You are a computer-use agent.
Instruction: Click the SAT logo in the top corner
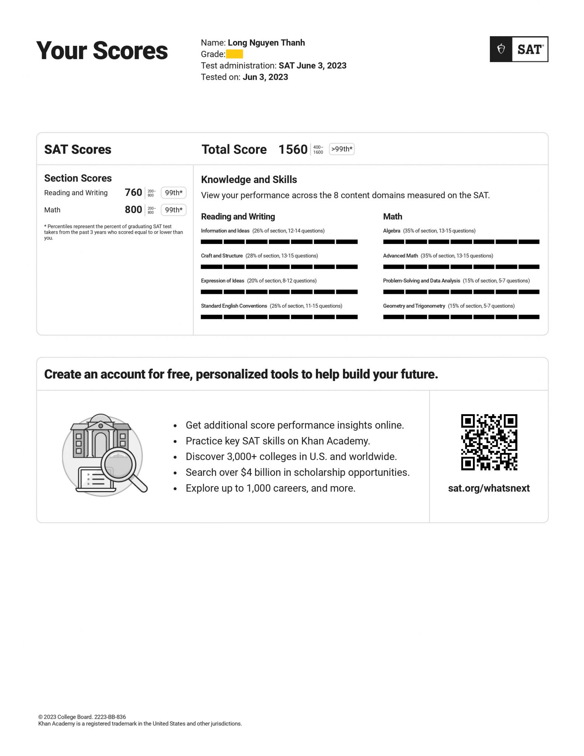pyautogui.click(x=518, y=49)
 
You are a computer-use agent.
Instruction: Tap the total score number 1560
pyautogui.click(x=293, y=150)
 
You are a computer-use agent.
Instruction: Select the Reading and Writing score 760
pyautogui.click(x=133, y=192)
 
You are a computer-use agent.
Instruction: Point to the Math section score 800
pyautogui.click(x=133, y=210)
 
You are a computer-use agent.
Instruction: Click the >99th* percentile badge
pyautogui.click(x=342, y=149)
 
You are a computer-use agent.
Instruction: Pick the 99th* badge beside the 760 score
pyautogui.click(x=173, y=193)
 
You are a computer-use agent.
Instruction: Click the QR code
pyautogui.click(x=489, y=442)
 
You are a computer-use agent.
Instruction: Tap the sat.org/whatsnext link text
pyautogui.click(x=488, y=488)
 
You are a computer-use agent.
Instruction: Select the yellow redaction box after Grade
pyautogui.click(x=234, y=54)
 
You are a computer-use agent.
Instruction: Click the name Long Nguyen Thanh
pyautogui.click(x=266, y=43)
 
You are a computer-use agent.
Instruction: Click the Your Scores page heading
pyautogui.click(x=102, y=51)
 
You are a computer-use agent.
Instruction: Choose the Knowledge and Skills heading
pyautogui.click(x=249, y=180)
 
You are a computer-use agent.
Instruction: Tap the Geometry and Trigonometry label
pyautogui.click(x=414, y=306)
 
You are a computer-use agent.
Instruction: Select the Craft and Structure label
pyautogui.click(x=222, y=256)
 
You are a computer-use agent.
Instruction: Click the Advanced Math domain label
pyautogui.click(x=400, y=256)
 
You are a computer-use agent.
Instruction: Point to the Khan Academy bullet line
pyautogui.click(x=277, y=441)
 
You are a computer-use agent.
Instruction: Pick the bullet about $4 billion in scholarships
pyautogui.click(x=297, y=472)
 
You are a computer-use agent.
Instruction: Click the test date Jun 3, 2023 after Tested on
pyautogui.click(x=265, y=77)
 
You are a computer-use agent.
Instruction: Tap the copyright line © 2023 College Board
pyautogui.click(x=82, y=717)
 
